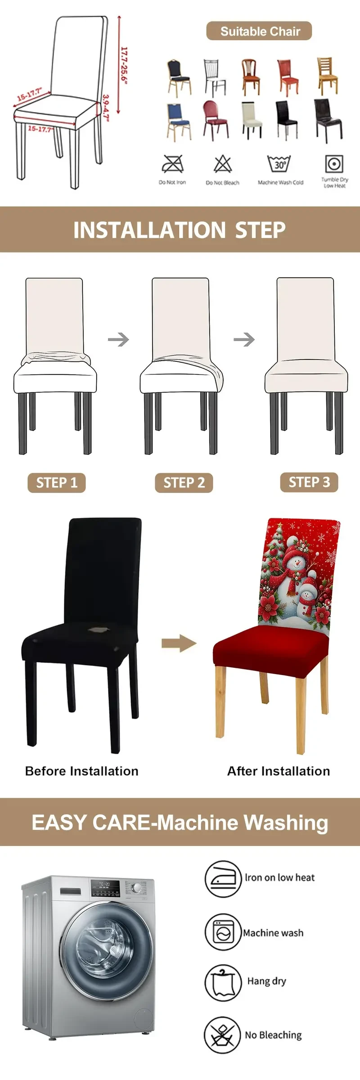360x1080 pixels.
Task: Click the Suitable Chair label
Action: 259,31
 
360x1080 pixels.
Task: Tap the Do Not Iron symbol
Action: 172,164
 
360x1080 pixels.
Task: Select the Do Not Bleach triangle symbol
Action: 222,164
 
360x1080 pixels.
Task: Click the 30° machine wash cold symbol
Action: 279,164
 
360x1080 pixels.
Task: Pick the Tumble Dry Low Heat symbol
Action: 334,164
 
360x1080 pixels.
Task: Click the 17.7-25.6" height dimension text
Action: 124,66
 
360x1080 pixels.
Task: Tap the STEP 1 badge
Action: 57,483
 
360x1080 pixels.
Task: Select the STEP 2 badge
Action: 184,483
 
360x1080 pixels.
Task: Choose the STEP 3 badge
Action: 309,482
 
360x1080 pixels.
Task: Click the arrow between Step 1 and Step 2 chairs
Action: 118,339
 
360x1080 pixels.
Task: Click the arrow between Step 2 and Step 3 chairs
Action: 244,339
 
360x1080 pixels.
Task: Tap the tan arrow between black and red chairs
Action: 179,643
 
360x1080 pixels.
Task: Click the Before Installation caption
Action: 81,771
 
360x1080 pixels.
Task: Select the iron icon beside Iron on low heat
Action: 223,878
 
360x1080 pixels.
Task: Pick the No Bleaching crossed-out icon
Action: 222,1035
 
